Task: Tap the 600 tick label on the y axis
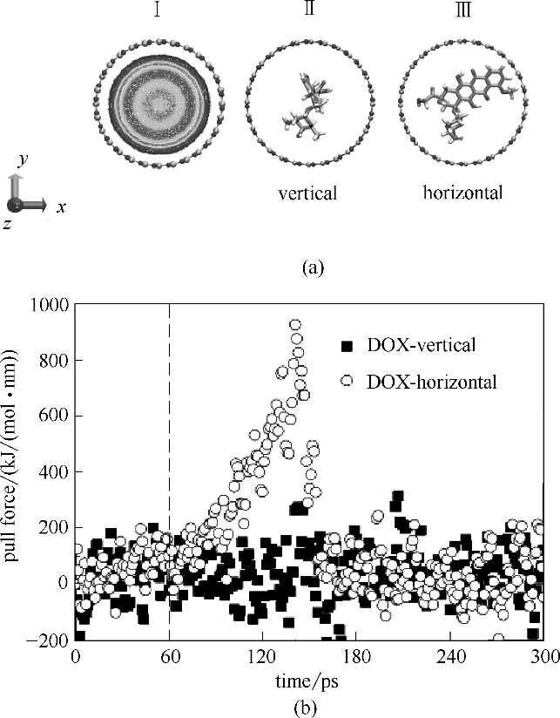click(x=55, y=416)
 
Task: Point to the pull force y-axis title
click(x=13, y=471)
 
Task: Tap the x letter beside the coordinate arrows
click(x=61, y=207)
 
